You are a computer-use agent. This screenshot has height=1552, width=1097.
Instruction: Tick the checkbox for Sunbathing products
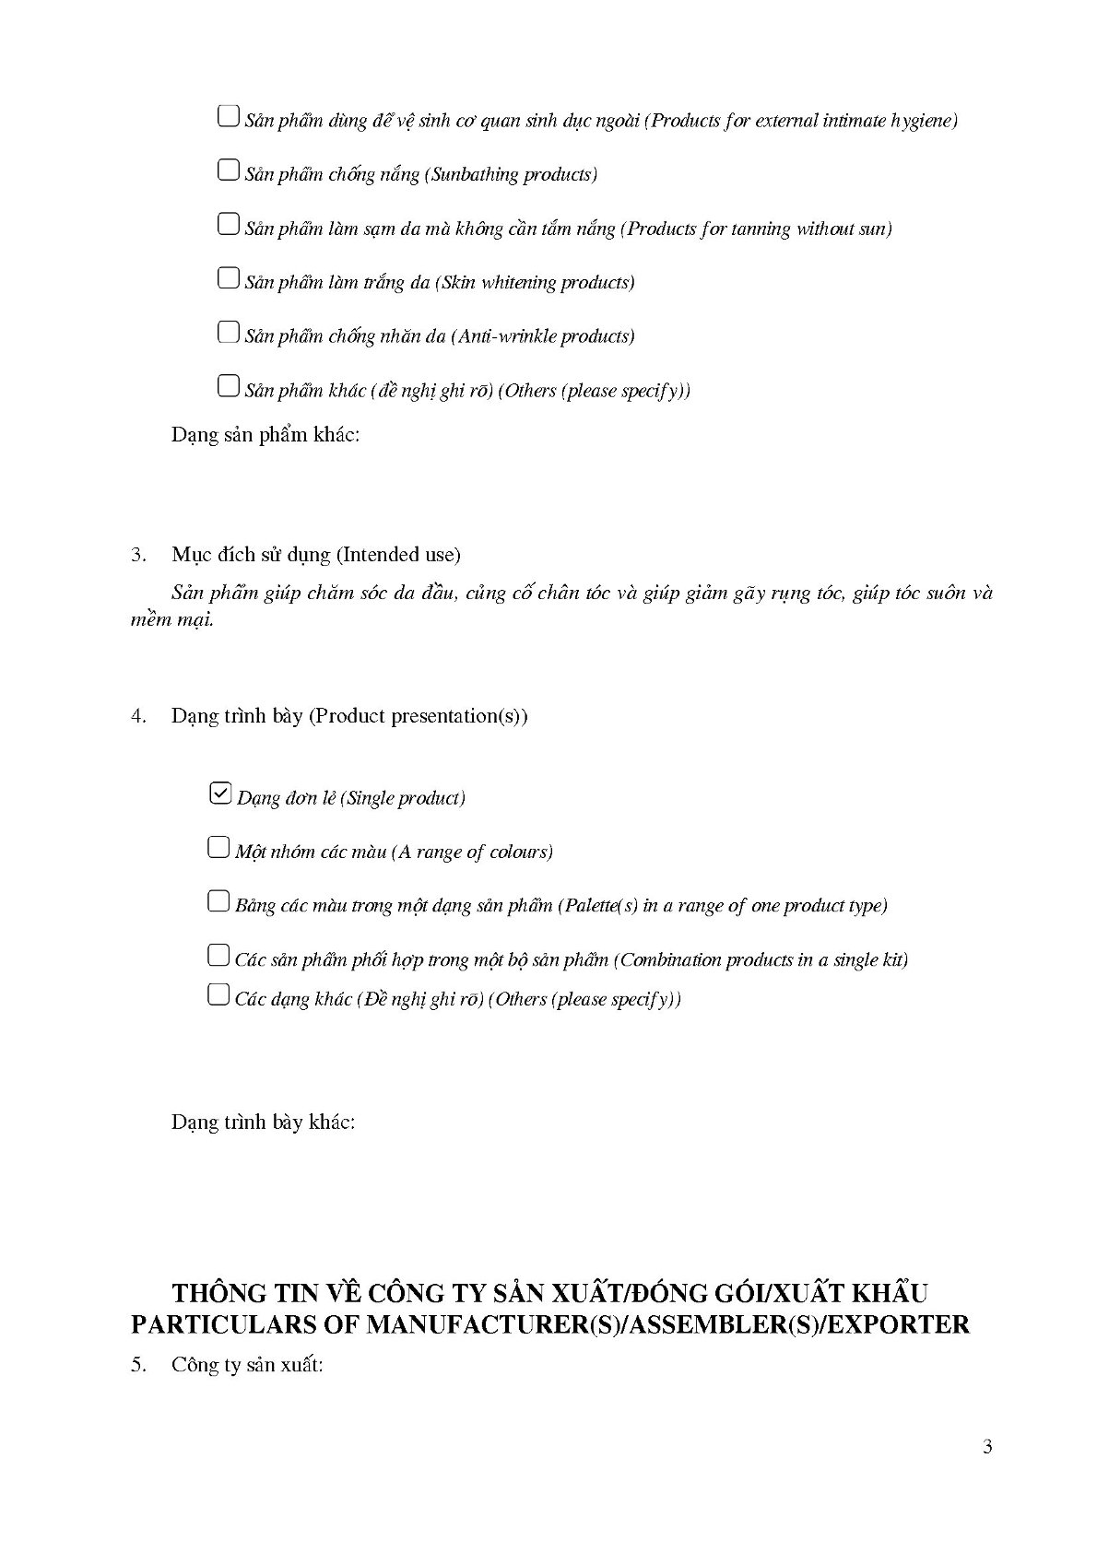coord(228,170)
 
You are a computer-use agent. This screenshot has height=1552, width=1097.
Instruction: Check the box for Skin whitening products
coord(228,278)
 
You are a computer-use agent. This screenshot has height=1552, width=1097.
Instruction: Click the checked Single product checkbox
coord(220,794)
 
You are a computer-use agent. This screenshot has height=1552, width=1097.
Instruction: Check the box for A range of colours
coord(218,848)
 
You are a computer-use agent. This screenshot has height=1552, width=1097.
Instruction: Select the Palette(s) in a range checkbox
coord(218,901)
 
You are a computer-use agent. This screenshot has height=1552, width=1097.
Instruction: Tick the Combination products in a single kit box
coord(218,956)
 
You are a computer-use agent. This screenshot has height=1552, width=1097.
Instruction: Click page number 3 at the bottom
coord(987,1448)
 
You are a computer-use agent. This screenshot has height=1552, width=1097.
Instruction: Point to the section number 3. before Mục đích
coord(139,555)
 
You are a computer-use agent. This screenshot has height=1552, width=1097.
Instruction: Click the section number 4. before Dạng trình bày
coord(139,716)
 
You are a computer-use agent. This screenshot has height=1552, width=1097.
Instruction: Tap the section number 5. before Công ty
coord(139,1366)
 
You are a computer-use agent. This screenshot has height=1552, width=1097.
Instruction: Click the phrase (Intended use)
coord(397,555)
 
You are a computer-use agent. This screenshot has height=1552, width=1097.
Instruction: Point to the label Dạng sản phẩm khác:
coord(265,435)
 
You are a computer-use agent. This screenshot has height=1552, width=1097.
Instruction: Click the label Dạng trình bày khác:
coord(264,1123)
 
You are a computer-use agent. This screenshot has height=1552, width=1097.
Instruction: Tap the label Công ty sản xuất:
coord(247,1366)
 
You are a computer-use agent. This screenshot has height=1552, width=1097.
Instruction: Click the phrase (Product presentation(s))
coord(418,716)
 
